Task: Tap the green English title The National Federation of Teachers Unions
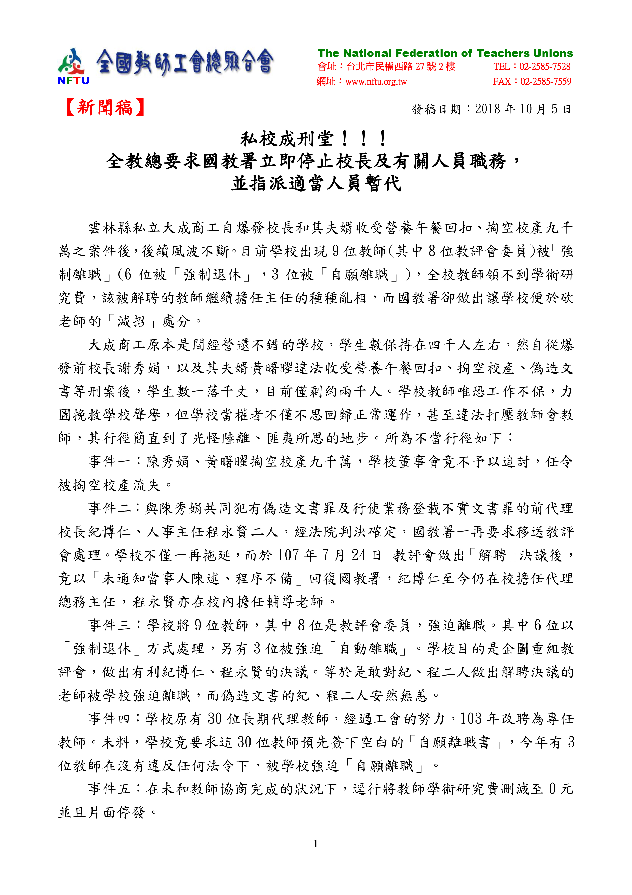click(x=445, y=53)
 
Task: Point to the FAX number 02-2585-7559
click(x=546, y=81)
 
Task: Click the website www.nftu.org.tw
click(x=376, y=82)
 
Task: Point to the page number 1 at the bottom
click(x=315, y=844)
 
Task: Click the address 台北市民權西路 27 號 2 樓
click(x=400, y=67)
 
